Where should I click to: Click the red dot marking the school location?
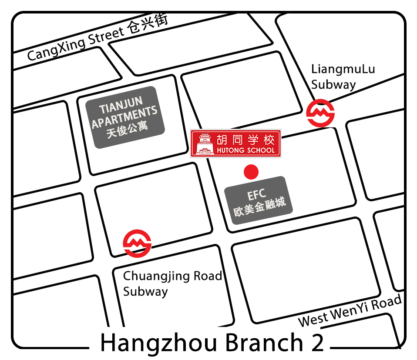click(x=251, y=172)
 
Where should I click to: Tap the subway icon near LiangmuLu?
click(x=320, y=113)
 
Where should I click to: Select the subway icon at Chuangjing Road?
click(x=137, y=243)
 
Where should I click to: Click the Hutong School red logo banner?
click(x=236, y=143)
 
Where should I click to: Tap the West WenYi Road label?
click(x=350, y=312)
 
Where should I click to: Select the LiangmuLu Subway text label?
click(x=337, y=77)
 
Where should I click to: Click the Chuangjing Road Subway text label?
click(x=172, y=283)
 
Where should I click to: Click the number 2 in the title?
click(x=317, y=343)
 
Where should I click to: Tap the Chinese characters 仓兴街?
click(x=148, y=26)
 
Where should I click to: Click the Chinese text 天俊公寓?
click(x=127, y=129)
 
